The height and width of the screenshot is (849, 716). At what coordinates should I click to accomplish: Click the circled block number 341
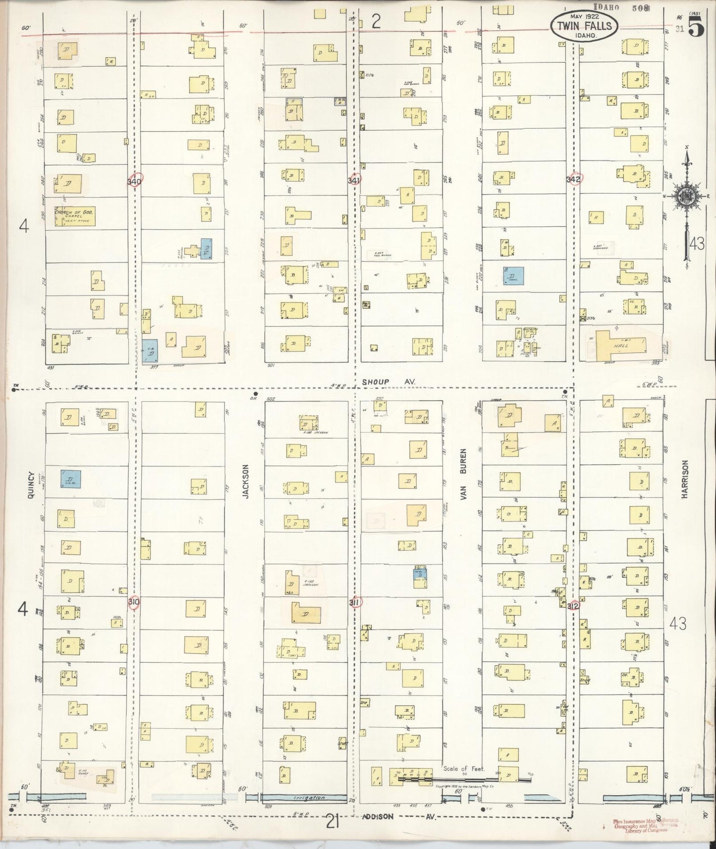tap(354, 181)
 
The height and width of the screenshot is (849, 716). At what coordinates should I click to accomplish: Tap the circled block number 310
tap(134, 602)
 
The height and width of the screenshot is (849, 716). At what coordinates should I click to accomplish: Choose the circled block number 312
tap(574, 605)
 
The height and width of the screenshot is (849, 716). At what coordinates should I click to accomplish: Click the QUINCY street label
tap(31, 484)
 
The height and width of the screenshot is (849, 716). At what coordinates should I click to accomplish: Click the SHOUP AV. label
tap(388, 381)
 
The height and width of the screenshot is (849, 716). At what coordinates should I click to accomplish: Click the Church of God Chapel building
tap(75, 216)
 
